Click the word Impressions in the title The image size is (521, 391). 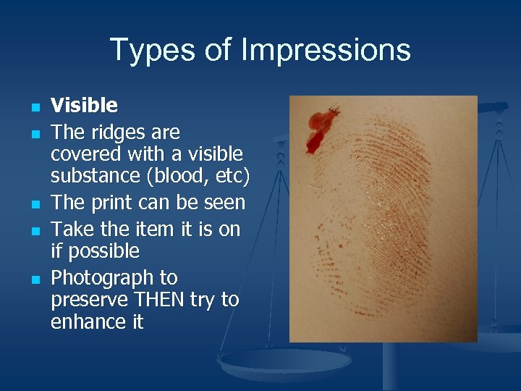[326, 51]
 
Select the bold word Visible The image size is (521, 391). [84, 106]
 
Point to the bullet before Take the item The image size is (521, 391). [33, 231]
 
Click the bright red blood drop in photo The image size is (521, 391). [318, 130]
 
